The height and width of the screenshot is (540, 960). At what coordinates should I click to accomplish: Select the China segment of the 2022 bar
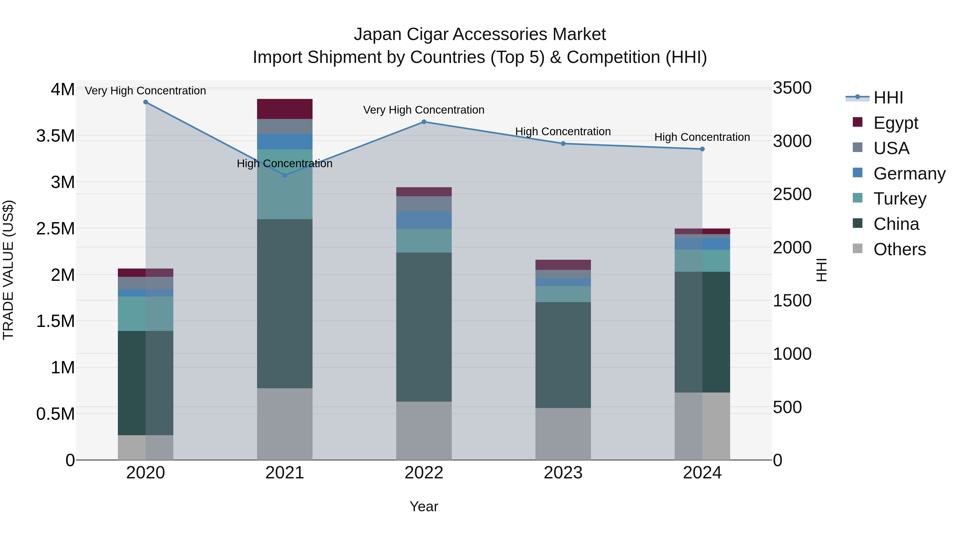(x=424, y=327)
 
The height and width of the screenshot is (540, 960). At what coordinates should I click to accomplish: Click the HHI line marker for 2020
(x=145, y=102)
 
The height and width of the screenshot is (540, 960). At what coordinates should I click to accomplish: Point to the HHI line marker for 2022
(x=424, y=122)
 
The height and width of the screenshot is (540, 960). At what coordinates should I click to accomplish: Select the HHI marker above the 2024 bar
(x=702, y=149)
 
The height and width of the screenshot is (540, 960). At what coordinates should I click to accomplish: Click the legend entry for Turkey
(x=900, y=199)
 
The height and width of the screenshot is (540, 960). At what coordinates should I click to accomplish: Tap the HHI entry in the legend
(x=888, y=98)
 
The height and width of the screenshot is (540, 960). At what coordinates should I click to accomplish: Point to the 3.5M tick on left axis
(x=55, y=136)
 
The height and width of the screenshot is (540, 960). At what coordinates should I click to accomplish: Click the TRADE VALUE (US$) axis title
(x=8, y=270)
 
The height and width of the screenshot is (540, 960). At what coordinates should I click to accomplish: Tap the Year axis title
(x=424, y=506)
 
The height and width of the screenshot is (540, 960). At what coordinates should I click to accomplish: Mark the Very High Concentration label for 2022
(x=424, y=110)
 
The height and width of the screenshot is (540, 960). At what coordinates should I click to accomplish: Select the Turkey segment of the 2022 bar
(x=424, y=241)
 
